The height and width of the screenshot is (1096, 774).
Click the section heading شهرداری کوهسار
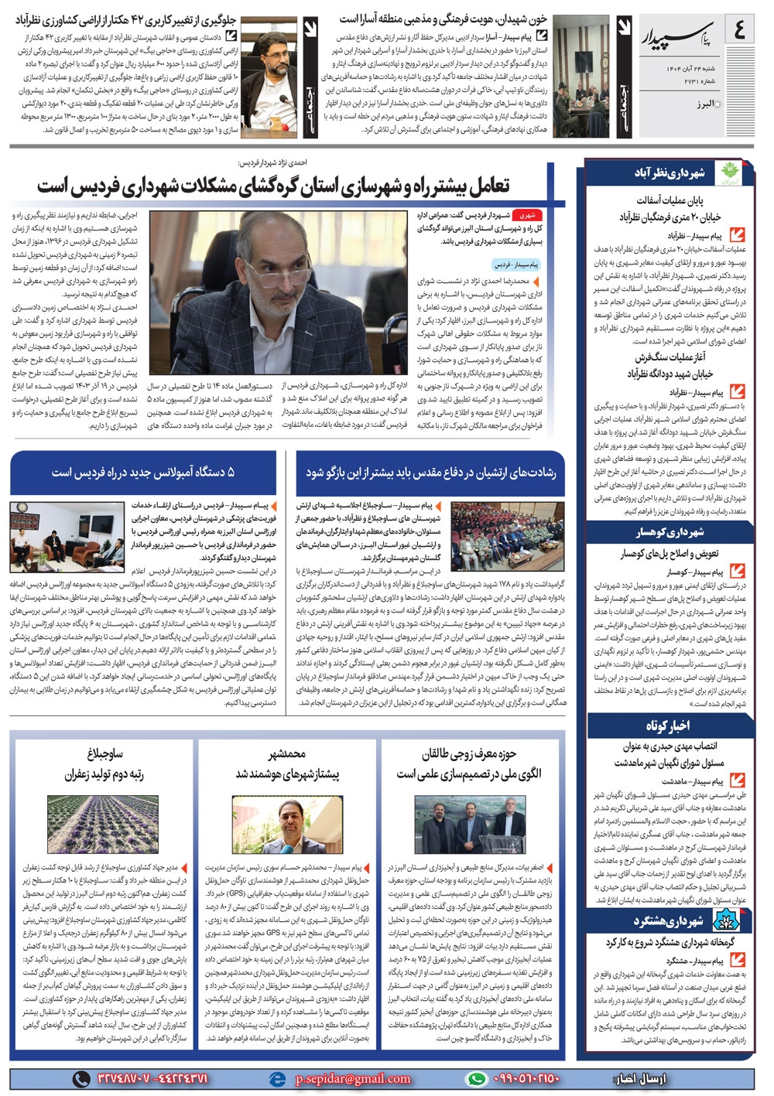(670, 532)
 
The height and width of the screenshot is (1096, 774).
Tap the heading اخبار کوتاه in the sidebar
(668, 726)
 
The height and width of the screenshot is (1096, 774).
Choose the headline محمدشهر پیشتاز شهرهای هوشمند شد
(287, 764)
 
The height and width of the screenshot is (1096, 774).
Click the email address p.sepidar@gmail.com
(353, 1078)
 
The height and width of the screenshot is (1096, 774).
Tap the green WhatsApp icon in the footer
(477, 1078)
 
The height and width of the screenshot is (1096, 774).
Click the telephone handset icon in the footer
(81, 1078)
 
